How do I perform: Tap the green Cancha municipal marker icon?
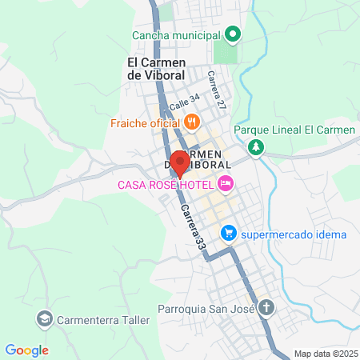point(232,34)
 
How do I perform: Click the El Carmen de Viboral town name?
point(156,68)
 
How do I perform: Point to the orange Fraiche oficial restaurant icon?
point(190,122)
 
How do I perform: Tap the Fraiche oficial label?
point(145,123)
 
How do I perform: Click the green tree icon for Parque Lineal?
point(255,147)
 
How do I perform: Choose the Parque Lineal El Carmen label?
point(294,130)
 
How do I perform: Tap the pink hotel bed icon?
point(226,185)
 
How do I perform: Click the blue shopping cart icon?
point(229,234)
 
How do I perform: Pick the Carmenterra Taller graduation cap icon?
point(43,320)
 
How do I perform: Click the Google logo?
point(26,350)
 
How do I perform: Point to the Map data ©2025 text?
point(325,354)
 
